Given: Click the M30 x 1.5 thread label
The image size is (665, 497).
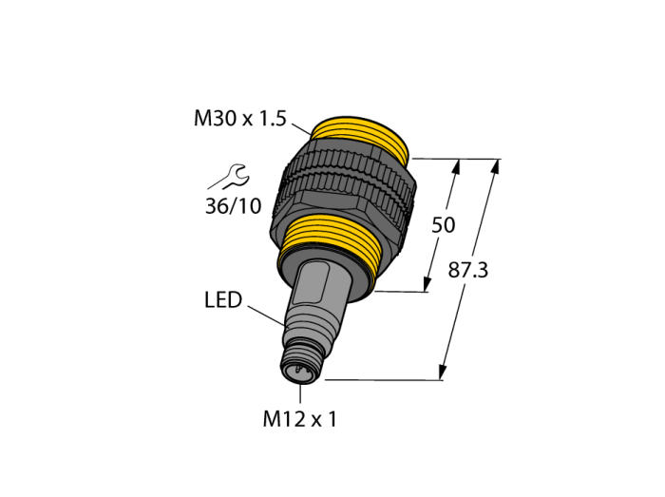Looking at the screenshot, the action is pyautogui.click(x=240, y=119).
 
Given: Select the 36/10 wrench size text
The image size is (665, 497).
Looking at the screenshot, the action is pyautogui.click(x=234, y=206).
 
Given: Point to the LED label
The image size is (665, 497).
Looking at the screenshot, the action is pyautogui.click(x=223, y=299).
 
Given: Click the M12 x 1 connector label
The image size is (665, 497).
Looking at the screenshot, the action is pyautogui.click(x=300, y=419).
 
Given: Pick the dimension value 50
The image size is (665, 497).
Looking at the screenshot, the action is pyautogui.click(x=444, y=225).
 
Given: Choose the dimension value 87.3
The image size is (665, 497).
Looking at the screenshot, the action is pyautogui.click(x=468, y=270).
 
